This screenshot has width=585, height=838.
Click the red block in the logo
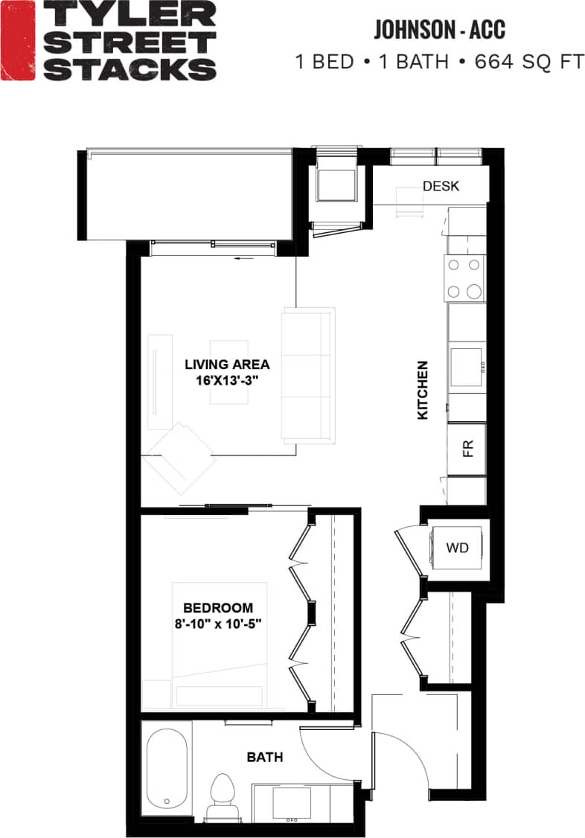16,40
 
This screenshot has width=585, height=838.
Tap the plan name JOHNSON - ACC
439,30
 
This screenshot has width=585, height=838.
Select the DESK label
441,186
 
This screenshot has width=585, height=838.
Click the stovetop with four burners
464,278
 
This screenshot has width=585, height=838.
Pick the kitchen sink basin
466,367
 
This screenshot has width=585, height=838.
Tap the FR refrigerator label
467,448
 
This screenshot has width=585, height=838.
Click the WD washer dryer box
457,548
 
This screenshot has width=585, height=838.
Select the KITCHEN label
423,390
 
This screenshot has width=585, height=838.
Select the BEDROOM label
218,608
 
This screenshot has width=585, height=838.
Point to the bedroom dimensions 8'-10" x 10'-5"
218,623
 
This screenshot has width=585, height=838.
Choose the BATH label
264,758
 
